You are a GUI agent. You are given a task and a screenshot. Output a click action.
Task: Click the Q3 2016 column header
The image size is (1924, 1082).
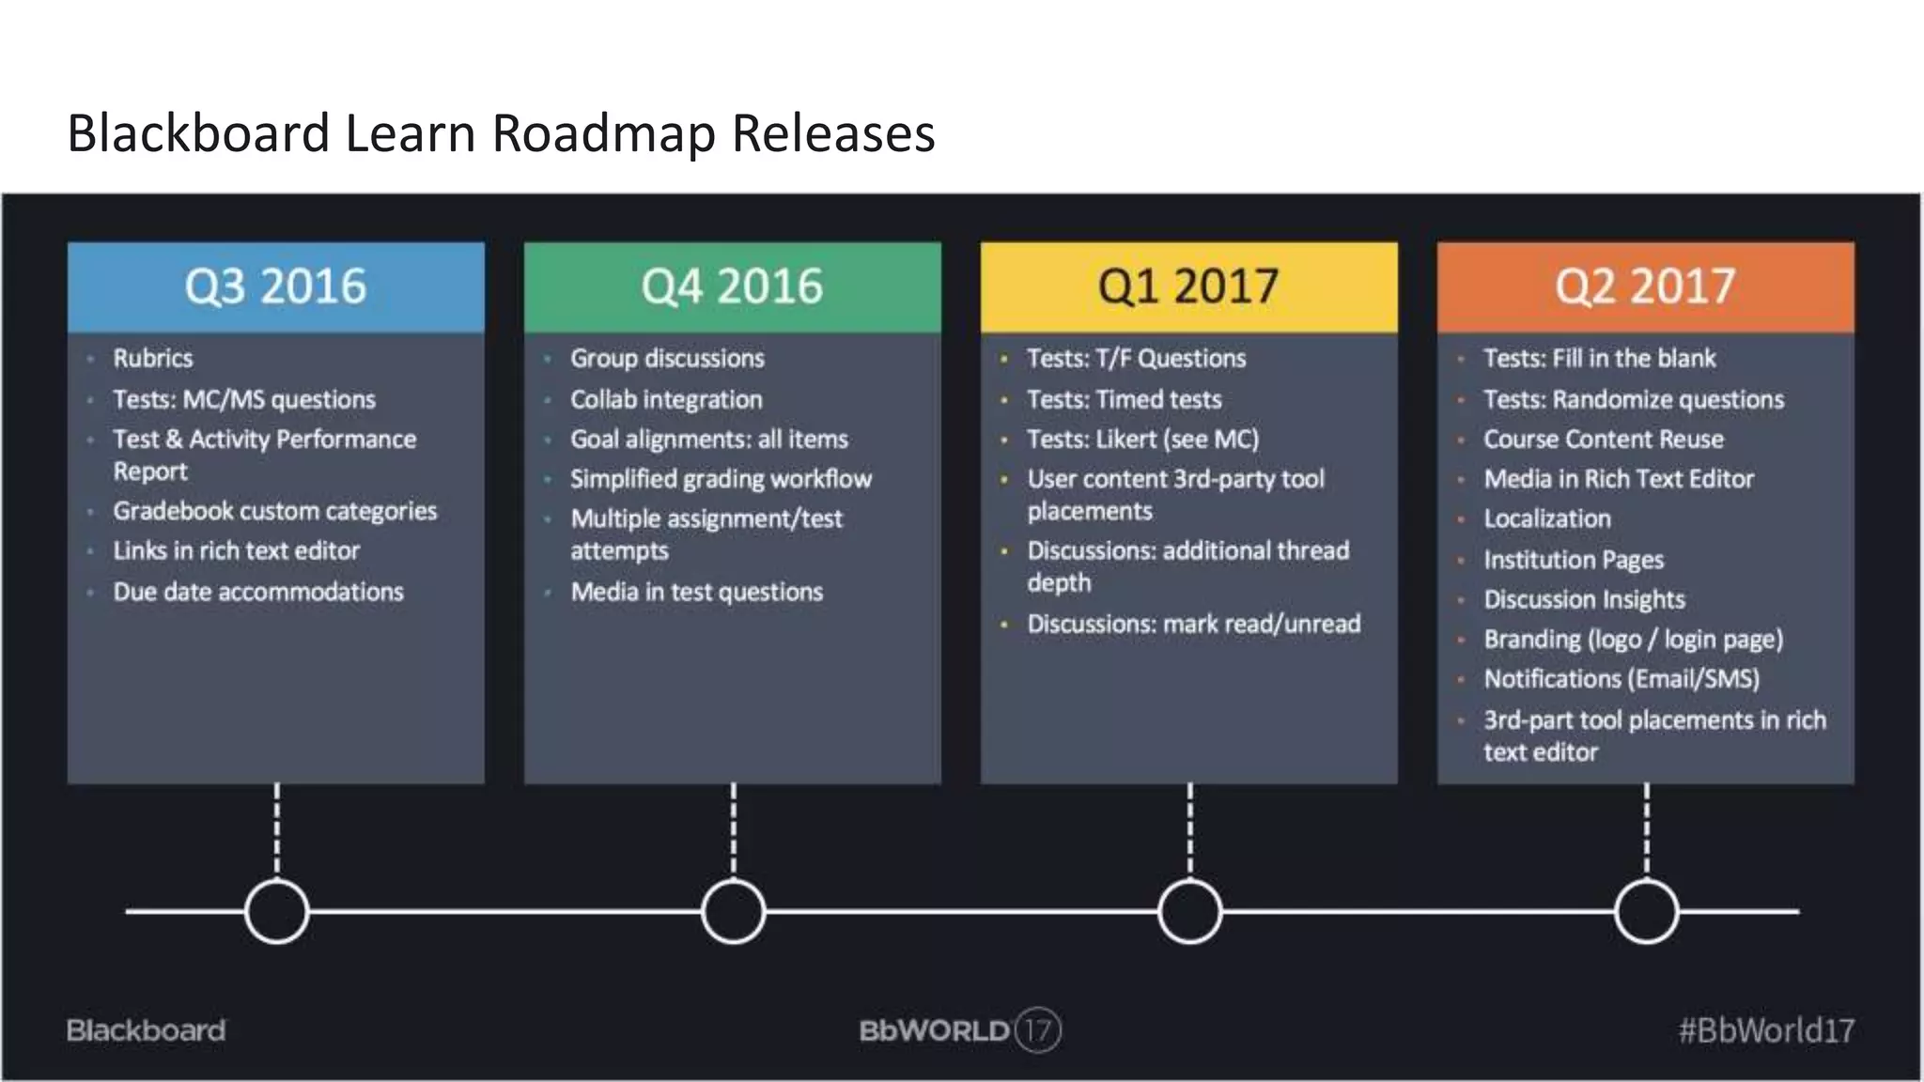click(275, 286)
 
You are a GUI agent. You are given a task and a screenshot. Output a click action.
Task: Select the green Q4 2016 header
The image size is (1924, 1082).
click(732, 286)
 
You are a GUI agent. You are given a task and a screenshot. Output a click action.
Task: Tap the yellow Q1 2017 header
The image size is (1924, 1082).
click(1188, 286)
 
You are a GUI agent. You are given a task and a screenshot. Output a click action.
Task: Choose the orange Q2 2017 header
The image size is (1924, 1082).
click(1645, 286)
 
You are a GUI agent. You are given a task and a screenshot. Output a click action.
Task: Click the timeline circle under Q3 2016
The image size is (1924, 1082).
click(276, 911)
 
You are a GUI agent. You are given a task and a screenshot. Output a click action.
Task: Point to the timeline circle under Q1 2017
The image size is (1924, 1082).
click(1189, 911)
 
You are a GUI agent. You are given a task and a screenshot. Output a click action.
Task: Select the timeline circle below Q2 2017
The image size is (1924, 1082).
click(1646, 911)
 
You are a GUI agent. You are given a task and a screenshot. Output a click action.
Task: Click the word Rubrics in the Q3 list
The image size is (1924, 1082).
click(153, 359)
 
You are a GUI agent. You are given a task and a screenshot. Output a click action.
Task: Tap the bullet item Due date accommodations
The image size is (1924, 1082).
click(258, 592)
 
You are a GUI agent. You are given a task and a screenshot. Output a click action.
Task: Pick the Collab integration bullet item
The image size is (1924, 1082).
click(666, 400)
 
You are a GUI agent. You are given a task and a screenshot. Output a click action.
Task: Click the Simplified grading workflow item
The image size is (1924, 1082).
click(721, 479)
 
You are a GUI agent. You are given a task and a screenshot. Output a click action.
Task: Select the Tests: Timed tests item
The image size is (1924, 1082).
click(1124, 400)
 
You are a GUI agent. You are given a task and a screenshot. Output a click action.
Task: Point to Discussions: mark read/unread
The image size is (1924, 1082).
click(1193, 624)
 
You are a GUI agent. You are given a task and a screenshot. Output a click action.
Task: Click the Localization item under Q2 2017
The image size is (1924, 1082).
click(1546, 518)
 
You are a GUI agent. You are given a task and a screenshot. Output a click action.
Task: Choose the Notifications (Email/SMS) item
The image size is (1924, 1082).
click(1621, 678)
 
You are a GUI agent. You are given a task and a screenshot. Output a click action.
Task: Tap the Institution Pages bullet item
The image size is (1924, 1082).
click(1574, 560)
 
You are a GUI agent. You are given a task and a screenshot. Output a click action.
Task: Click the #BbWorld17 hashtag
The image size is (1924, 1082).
click(1766, 1030)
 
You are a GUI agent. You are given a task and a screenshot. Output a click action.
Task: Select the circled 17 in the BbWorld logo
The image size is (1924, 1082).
click(1038, 1030)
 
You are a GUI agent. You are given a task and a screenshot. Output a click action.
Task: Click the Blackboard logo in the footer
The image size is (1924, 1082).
click(146, 1030)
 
